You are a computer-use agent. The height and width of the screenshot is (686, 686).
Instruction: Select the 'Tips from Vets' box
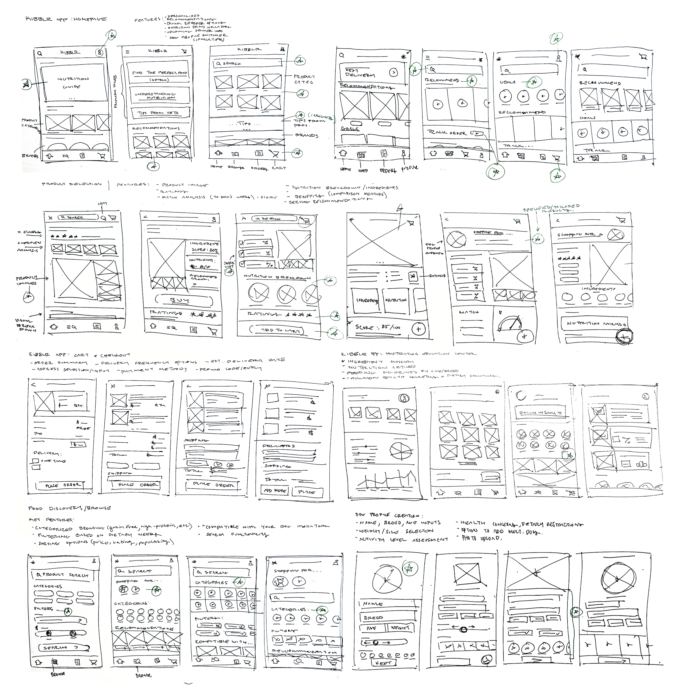[158, 113]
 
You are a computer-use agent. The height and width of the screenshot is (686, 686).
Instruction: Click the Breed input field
[388, 618]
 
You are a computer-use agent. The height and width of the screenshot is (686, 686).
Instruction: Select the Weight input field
[401, 628]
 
